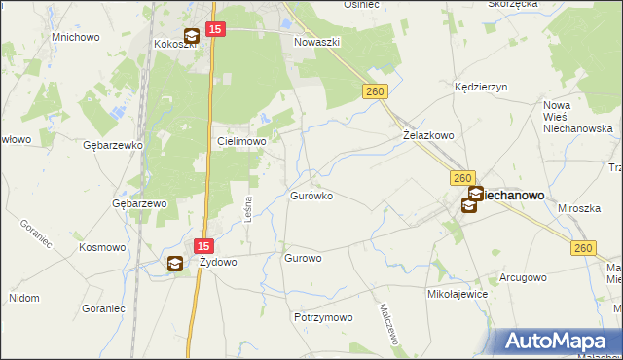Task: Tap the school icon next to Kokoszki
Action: tap(191, 37)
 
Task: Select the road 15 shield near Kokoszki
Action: tap(216, 31)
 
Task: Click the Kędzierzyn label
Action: tap(482, 87)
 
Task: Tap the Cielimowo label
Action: tap(240, 141)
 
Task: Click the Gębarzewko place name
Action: tap(114, 144)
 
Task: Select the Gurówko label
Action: tap(311, 196)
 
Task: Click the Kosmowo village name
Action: tap(104, 247)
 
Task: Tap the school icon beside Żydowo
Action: tap(174, 263)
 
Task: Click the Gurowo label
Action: tap(303, 259)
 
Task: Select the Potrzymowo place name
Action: tap(322, 317)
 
